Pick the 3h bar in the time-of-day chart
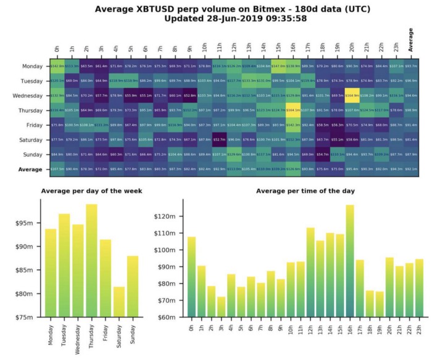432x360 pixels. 221,307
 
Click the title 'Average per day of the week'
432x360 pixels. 91,191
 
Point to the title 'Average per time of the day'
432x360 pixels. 305,191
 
